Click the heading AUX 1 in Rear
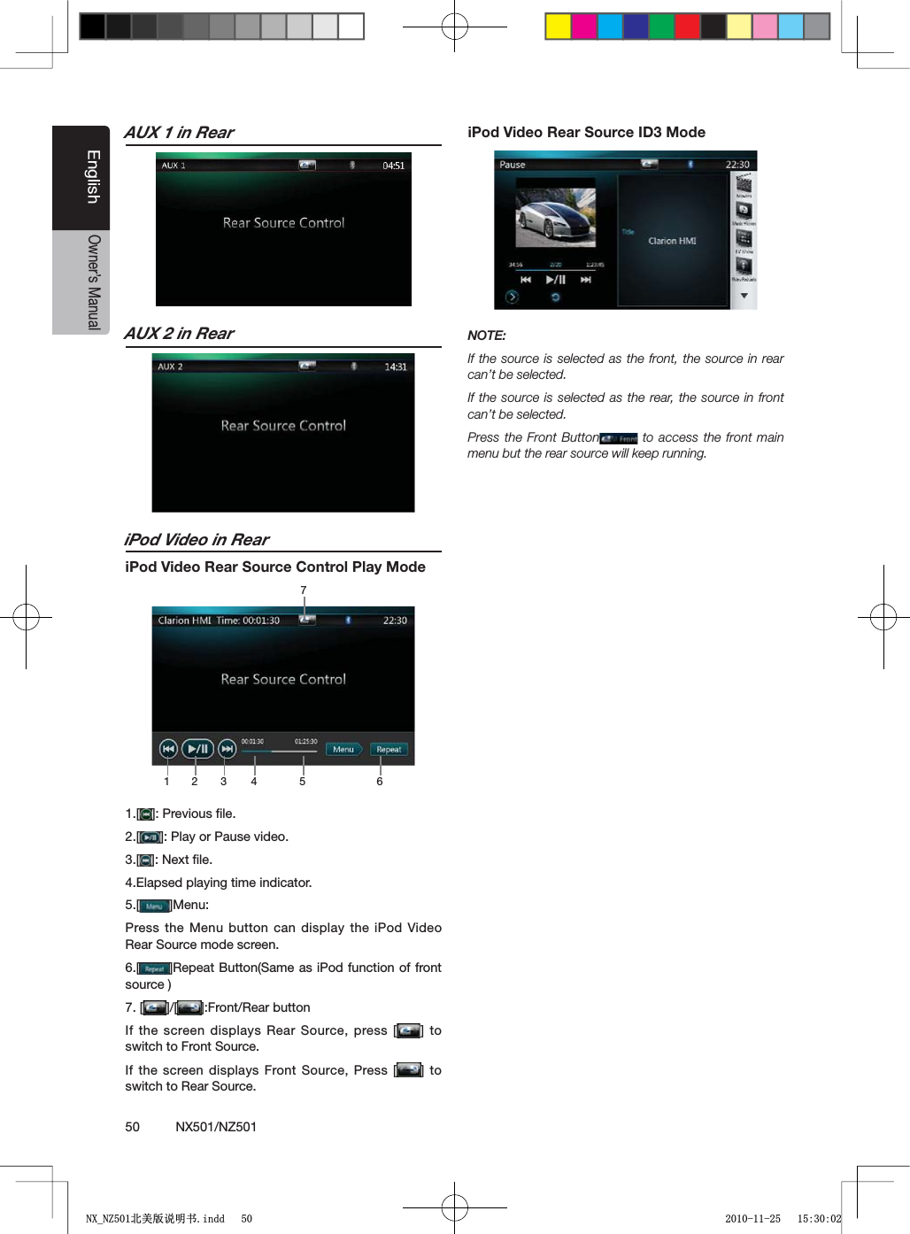[180, 133]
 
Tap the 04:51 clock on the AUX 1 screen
[393, 166]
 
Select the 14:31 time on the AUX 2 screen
[396, 366]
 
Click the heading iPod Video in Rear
[197, 540]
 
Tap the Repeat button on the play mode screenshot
[389, 749]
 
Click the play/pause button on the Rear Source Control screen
[197, 749]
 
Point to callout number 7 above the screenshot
[304, 590]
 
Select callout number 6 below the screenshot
[380, 782]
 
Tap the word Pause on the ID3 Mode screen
[513, 165]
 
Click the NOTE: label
[487, 335]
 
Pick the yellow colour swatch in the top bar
[558, 27]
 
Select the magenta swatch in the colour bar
[583, 27]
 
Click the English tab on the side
[92, 177]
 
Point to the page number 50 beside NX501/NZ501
[133, 1127]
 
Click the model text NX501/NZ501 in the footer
[216, 1127]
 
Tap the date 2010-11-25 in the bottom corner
[752, 1219]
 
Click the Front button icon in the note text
[619, 438]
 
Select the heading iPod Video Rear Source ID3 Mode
[586, 133]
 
